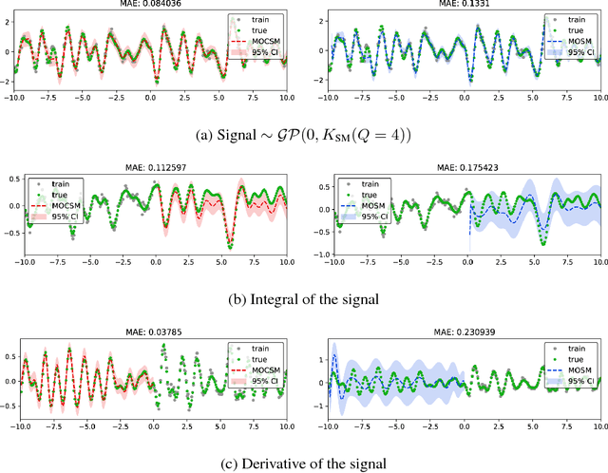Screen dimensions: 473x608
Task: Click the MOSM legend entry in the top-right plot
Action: click(x=579, y=42)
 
